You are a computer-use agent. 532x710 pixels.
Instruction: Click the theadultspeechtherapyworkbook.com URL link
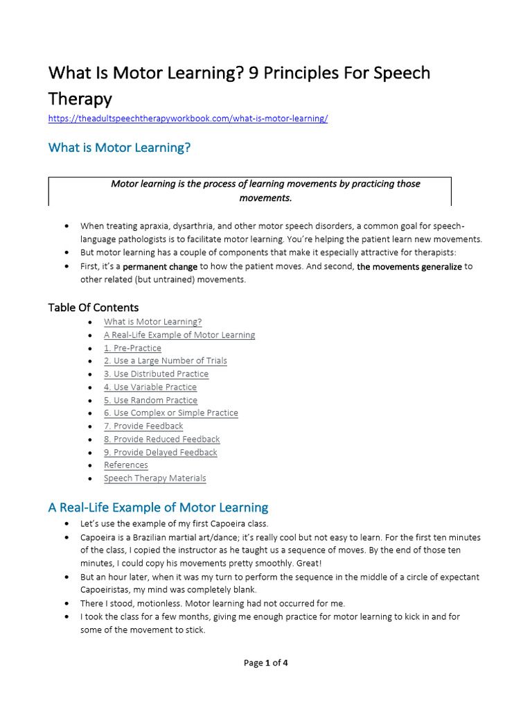click(x=188, y=119)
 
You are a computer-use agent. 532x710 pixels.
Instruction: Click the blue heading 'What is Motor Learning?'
click(x=119, y=148)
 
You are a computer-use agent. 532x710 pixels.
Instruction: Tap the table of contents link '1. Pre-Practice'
click(x=132, y=348)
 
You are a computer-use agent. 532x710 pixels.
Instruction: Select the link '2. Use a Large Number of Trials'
click(x=165, y=361)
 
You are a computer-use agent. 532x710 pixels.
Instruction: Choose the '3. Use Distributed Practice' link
click(x=156, y=374)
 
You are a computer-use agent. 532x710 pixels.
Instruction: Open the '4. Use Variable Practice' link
click(x=150, y=387)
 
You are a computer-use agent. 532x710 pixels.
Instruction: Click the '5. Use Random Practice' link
click(x=150, y=400)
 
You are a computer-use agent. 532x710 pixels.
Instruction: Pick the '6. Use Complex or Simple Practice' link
click(x=170, y=413)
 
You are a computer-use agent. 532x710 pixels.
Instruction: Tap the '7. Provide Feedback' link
click(x=143, y=426)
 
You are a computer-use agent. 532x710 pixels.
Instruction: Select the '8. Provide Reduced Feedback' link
click(x=161, y=439)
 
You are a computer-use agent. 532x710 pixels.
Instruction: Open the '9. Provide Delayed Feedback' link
click(x=160, y=452)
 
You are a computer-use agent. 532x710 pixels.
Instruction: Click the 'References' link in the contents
click(x=125, y=465)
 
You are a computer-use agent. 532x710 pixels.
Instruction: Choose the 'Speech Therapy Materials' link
click(x=154, y=478)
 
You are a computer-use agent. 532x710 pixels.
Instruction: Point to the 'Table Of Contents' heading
click(x=94, y=307)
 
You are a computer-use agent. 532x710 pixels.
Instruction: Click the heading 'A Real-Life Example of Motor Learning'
click(x=158, y=508)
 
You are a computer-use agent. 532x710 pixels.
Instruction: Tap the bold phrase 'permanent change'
click(x=160, y=266)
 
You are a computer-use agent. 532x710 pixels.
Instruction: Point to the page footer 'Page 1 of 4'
click(x=266, y=662)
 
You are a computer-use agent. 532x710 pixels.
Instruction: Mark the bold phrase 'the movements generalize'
click(x=409, y=266)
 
